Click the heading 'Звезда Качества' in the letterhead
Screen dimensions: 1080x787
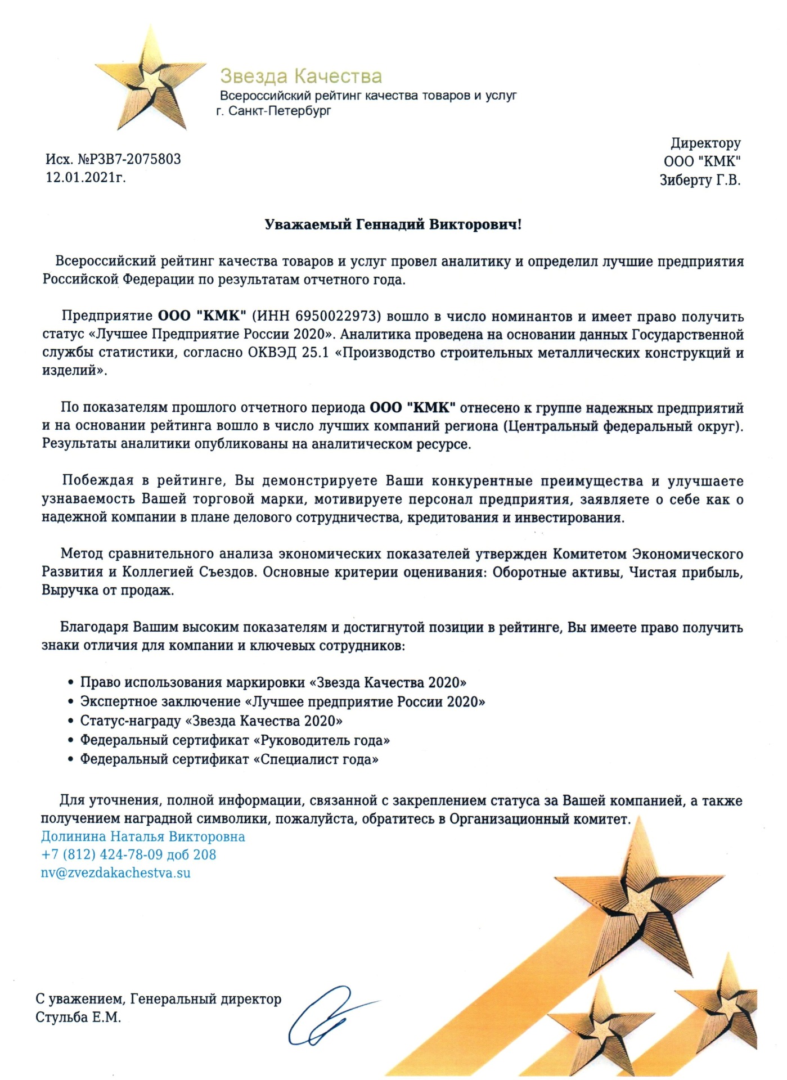(x=300, y=76)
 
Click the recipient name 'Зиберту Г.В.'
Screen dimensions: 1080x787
(x=700, y=181)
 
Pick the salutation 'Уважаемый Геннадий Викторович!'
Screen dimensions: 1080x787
(x=393, y=225)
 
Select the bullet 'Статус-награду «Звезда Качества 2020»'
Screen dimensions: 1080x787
(x=211, y=721)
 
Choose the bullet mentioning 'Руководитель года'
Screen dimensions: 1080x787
(x=235, y=740)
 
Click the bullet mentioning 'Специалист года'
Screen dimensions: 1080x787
(x=229, y=759)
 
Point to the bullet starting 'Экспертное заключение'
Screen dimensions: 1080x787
(x=282, y=701)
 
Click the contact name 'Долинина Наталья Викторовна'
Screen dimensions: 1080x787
(x=143, y=836)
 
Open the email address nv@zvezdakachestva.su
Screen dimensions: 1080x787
(x=116, y=873)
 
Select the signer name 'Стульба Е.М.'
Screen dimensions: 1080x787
(x=78, y=1018)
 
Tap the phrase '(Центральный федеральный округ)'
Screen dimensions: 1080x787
(x=623, y=426)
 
